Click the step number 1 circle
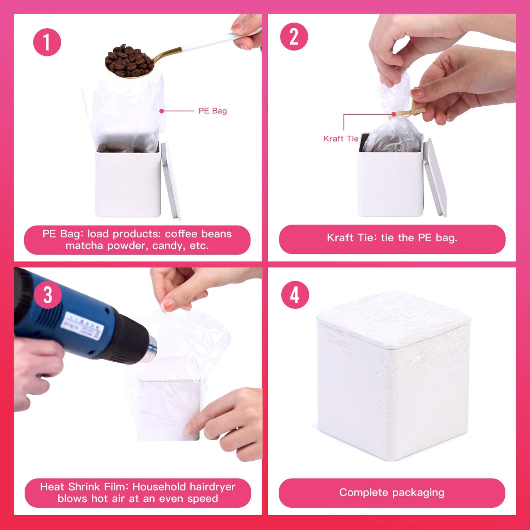point(47,42)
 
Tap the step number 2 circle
point(294,37)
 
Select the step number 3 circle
point(48,295)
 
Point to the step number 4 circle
point(295,295)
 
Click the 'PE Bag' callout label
point(212,111)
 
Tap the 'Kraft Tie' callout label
point(341,139)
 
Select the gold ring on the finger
point(439,67)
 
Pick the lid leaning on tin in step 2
point(435,178)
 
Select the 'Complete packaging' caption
point(392,493)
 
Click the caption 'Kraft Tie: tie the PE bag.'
point(392,238)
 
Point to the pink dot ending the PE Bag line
point(162,111)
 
